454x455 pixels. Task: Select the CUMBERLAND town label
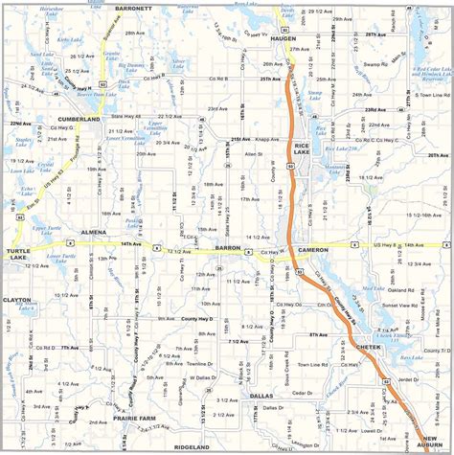click(79, 119)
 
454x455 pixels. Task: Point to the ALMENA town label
click(94, 232)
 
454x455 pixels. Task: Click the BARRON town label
click(228, 247)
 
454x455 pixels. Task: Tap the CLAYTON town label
click(17, 300)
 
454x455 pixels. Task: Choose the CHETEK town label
click(368, 345)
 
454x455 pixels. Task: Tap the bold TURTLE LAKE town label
click(19, 255)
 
